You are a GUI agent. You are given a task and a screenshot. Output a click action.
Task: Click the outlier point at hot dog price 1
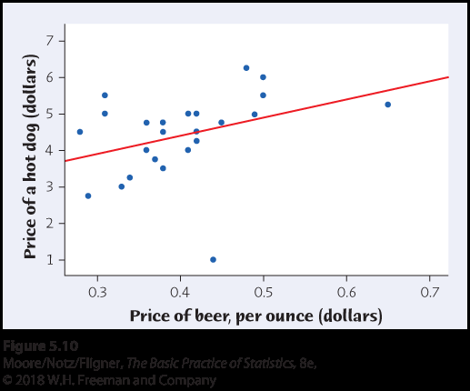tap(213, 259)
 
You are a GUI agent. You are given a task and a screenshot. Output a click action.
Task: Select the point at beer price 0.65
tap(388, 105)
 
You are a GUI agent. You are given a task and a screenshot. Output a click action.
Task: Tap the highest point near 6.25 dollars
tap(246, 67)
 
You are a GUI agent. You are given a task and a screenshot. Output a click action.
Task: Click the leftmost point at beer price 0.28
tap(80, 132)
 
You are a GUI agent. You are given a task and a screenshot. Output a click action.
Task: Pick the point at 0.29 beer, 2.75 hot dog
tap(88, 195)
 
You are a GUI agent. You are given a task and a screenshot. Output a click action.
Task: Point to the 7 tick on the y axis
tap(50, 40)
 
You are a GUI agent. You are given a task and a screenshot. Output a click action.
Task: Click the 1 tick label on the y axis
tap(50, 260)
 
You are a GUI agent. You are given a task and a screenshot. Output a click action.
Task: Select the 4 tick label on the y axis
tap(50, 150)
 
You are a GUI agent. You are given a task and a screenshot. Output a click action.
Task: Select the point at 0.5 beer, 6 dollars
tap(263, 77)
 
